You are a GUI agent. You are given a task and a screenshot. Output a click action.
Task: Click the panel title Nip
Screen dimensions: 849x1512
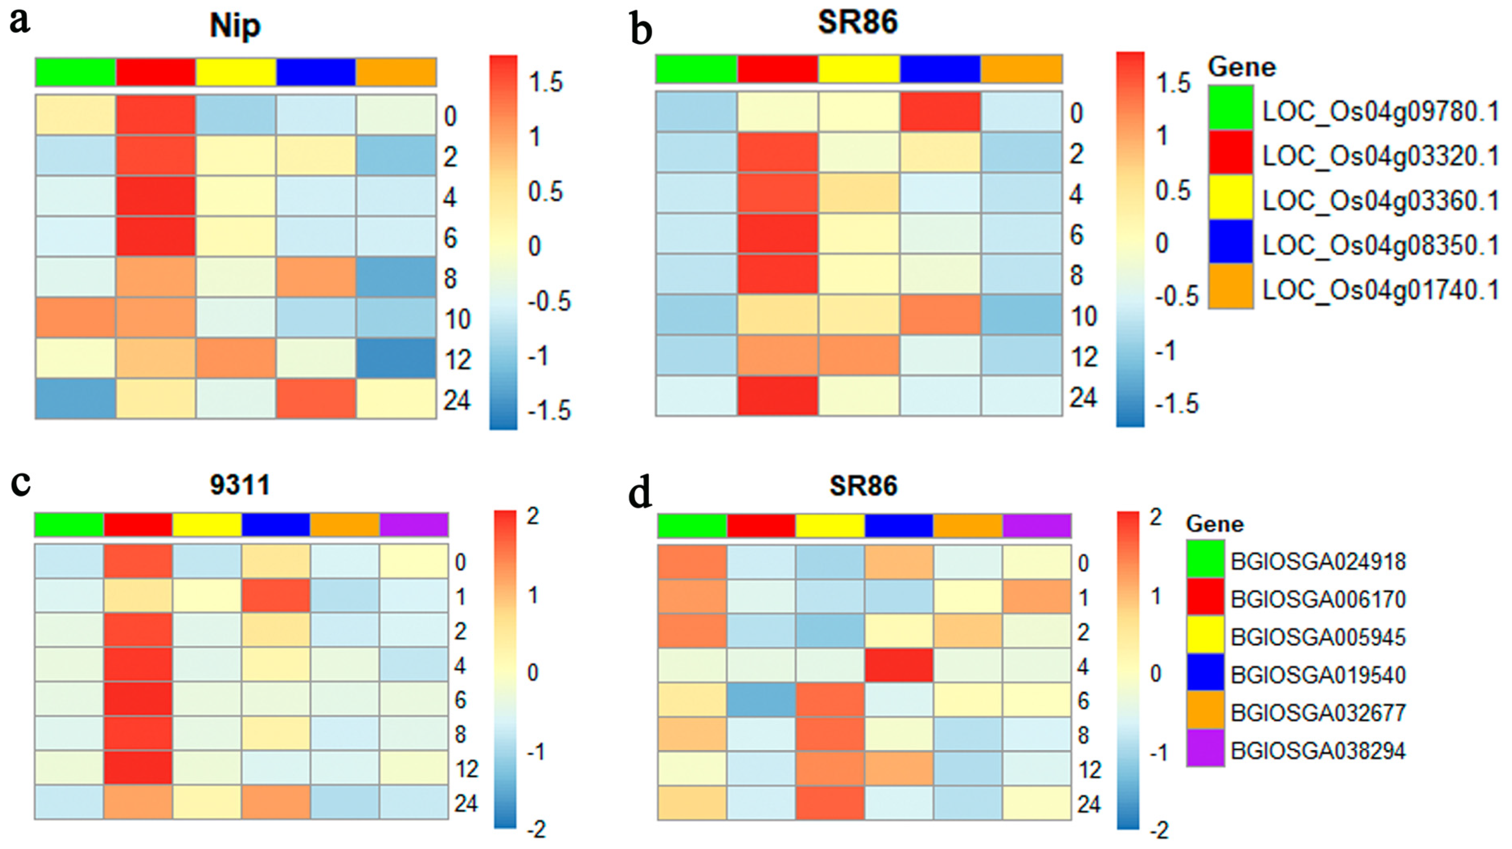point(235,27)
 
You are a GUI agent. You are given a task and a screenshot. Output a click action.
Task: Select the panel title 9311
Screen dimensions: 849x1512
point(240,485)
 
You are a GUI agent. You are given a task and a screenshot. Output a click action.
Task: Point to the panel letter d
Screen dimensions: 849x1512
point(640,494)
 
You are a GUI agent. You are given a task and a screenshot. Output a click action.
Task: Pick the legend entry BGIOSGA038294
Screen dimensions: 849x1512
point(1318,751)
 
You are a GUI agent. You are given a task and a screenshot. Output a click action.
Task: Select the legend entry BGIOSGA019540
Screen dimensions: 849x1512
point(1318,675)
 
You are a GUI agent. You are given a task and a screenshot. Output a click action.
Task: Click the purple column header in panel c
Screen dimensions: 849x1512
point(414,524)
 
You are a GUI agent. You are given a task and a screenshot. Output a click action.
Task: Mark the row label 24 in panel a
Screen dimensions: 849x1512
point(457,401)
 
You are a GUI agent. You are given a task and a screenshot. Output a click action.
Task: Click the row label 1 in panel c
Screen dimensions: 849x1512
point(460,597)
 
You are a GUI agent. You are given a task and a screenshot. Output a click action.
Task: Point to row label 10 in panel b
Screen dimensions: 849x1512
point(1083,317)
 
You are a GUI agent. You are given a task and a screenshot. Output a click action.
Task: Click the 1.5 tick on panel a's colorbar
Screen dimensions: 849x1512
point(545,82)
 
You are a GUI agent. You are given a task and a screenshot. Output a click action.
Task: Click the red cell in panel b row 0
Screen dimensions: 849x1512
point(940,112)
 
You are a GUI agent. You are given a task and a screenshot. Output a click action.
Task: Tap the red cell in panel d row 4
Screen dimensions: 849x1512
point(899,666)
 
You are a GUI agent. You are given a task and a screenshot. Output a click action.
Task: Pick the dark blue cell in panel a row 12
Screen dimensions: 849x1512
point(396,358)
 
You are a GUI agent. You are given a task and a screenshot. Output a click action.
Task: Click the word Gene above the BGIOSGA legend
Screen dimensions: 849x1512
point(1214,523)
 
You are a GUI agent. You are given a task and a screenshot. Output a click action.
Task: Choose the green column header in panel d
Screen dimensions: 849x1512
point(692,526)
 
